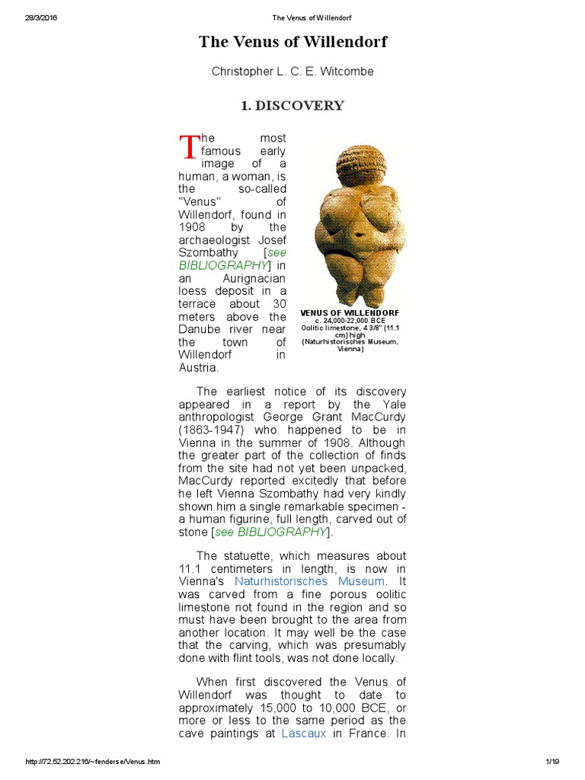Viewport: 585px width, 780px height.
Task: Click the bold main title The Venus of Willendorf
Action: [x=293, y=42]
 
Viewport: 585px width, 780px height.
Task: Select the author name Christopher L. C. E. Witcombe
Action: [x=292, y=72]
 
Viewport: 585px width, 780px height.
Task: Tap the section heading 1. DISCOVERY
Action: [x=292, y=106]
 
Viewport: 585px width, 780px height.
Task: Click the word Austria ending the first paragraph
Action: [x=199, y=368]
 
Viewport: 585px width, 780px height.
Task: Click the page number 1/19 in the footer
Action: [x=552, y=762]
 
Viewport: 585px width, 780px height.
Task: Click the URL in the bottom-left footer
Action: [x=92, y=762]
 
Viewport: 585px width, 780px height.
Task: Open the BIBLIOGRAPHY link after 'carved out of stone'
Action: [x=281, y=532]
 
